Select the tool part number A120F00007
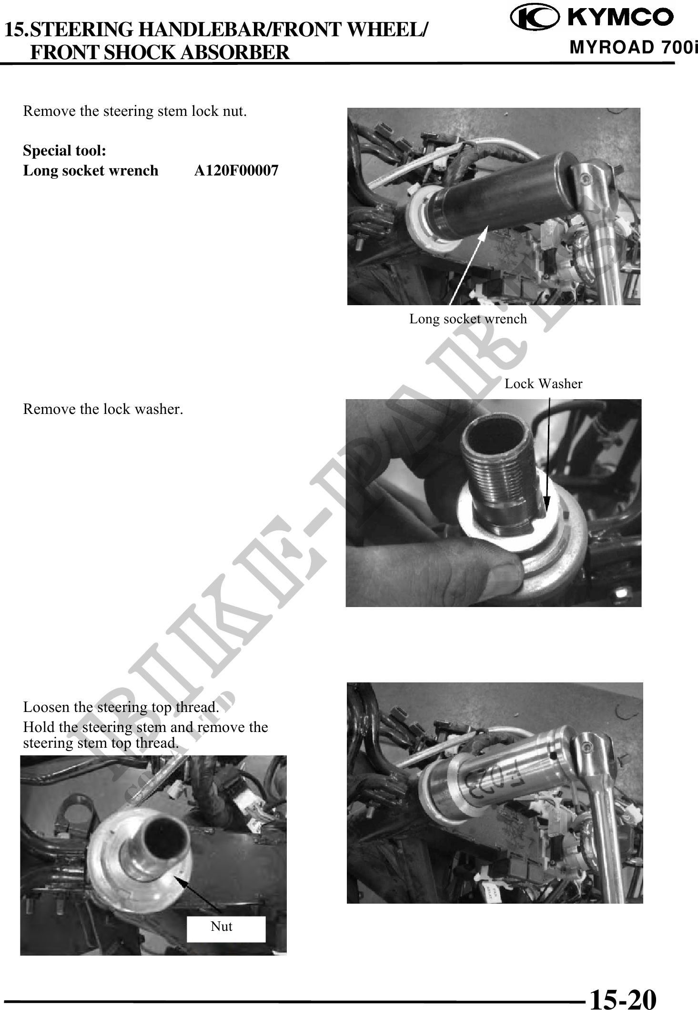pos(236,170)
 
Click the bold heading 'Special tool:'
pos(65,151)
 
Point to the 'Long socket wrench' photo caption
pos(468,319)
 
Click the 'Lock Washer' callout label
pos(543,383)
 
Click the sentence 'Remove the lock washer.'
pos(103,409)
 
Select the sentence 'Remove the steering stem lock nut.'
pos(135,111)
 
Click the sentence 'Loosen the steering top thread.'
pos(121,706)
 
